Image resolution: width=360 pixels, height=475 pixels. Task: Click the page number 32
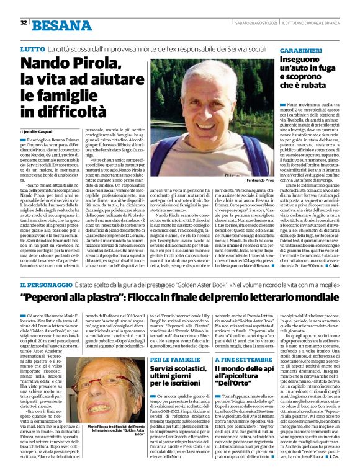click(24, 23)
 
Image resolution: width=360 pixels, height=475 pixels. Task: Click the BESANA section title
click(61, 25)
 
